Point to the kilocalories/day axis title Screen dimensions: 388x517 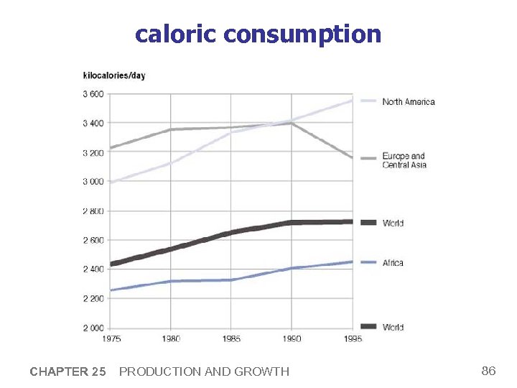coord(114,75)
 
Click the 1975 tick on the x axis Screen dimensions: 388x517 coord(111,338)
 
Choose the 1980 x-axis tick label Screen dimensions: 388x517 coord(171,338)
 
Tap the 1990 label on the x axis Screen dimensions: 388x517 coord(292,338)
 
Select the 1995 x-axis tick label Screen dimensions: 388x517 coord(353,338)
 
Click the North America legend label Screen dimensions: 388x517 coord(409,102)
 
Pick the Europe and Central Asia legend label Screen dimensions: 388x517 coord(404,160)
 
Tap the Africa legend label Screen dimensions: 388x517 coord(393,263)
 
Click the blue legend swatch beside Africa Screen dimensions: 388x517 coord(368,263)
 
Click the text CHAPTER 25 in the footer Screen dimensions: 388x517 coord(67,371)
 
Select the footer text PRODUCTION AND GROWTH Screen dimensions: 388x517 coord(204,371)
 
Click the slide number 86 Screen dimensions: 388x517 coord(488,371)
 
